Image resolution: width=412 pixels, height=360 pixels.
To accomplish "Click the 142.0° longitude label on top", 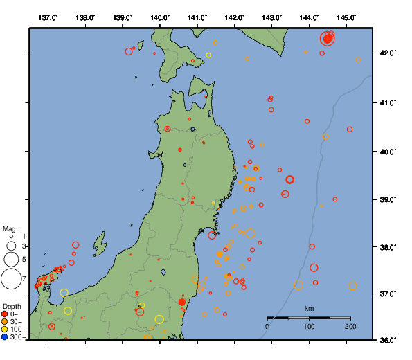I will point(235,17).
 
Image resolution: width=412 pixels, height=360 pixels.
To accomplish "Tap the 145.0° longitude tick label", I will point(347,17).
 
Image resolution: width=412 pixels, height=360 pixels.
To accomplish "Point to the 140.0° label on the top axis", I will point(160,17).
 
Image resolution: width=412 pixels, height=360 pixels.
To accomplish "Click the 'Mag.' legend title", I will point(10,228).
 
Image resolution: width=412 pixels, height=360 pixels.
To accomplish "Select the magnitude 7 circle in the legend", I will point(11,279).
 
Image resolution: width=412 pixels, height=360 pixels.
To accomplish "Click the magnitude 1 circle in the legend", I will point(11,237).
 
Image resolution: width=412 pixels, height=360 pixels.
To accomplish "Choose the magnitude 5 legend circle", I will point(11,260).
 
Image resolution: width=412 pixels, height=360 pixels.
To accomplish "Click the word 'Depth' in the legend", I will point(12,306).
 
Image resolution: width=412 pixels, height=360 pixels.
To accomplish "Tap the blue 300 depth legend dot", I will point(5,337).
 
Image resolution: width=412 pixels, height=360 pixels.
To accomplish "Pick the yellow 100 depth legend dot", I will point(5,330).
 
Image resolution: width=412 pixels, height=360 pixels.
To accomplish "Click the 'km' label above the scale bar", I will point(309,308).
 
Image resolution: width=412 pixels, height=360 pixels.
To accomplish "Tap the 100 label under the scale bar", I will point(309,326).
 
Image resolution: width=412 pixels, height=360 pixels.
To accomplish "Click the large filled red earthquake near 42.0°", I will point(328,39).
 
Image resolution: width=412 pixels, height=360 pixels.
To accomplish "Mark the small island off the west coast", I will point(100,244).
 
